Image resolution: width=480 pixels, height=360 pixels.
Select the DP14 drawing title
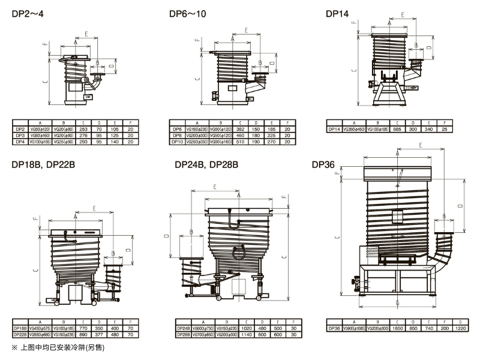pos(337,13)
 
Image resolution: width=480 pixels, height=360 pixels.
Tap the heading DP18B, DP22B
pos(43,163)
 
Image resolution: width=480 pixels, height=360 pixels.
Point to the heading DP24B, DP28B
pos(206,163)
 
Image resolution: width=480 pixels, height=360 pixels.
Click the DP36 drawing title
pos(323,163)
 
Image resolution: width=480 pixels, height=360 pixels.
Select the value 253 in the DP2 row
pos(83,128)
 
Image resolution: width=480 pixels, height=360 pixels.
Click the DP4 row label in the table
pos(19,142)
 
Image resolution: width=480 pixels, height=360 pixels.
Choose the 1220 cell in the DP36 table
pos(458,328)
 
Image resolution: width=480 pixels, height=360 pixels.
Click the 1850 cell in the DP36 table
pos(398,328)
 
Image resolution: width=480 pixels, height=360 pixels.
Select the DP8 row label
pos(177,135)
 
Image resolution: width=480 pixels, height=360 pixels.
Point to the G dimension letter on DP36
pos(398,302)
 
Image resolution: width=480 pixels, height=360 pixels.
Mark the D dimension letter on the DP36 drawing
pos(460,205)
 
